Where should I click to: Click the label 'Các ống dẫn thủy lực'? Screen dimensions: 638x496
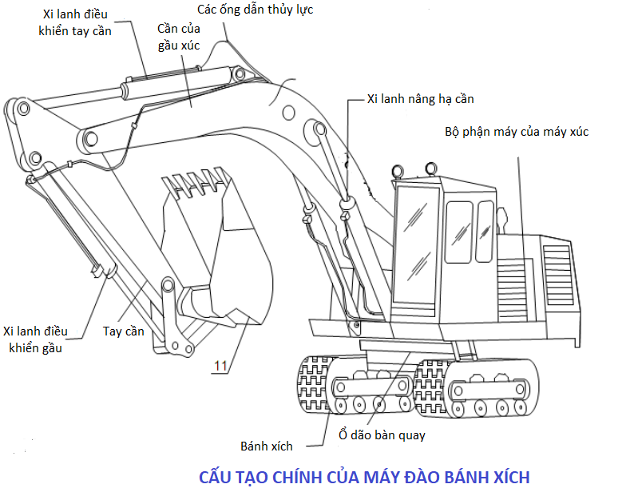pyautogui.click(x=255, y=10)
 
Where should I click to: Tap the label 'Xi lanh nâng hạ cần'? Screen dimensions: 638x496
pyautogui.click(x=420, y=99)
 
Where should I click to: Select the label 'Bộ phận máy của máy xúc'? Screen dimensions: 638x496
pyautogui.click(x=517, y=132)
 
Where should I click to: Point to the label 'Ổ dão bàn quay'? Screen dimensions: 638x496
pyautogui.click(x=382, y=435)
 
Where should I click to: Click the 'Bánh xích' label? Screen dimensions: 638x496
pyautogui.click(x=267, y=446)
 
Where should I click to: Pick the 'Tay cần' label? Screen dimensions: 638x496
pyautogui.click(x=123, y=331)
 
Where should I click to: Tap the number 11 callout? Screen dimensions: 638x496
pyautogui.click(x=220, y=366)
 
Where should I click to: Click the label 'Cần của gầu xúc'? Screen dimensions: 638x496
pyautogui.click(x=179, y=37)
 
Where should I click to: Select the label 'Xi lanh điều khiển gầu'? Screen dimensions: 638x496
pyautogui.click(x=35, y=339)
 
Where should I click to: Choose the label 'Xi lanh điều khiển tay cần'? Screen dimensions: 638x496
pyautogui.click(x=75, y=22)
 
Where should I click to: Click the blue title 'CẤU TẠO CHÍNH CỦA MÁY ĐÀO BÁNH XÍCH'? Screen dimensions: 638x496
pyautogui.click(x=364, y=477)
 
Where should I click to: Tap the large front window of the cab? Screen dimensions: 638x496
pyautogui.click(x=417, y=244)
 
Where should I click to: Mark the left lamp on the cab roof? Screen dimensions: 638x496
pyautogui.click(x=398, y=171)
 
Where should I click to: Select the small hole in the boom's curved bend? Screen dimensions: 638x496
pyautogui.click(x=288, y=113)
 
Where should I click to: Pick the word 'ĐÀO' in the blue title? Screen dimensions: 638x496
pyautogui.click(x=422, y=477)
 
